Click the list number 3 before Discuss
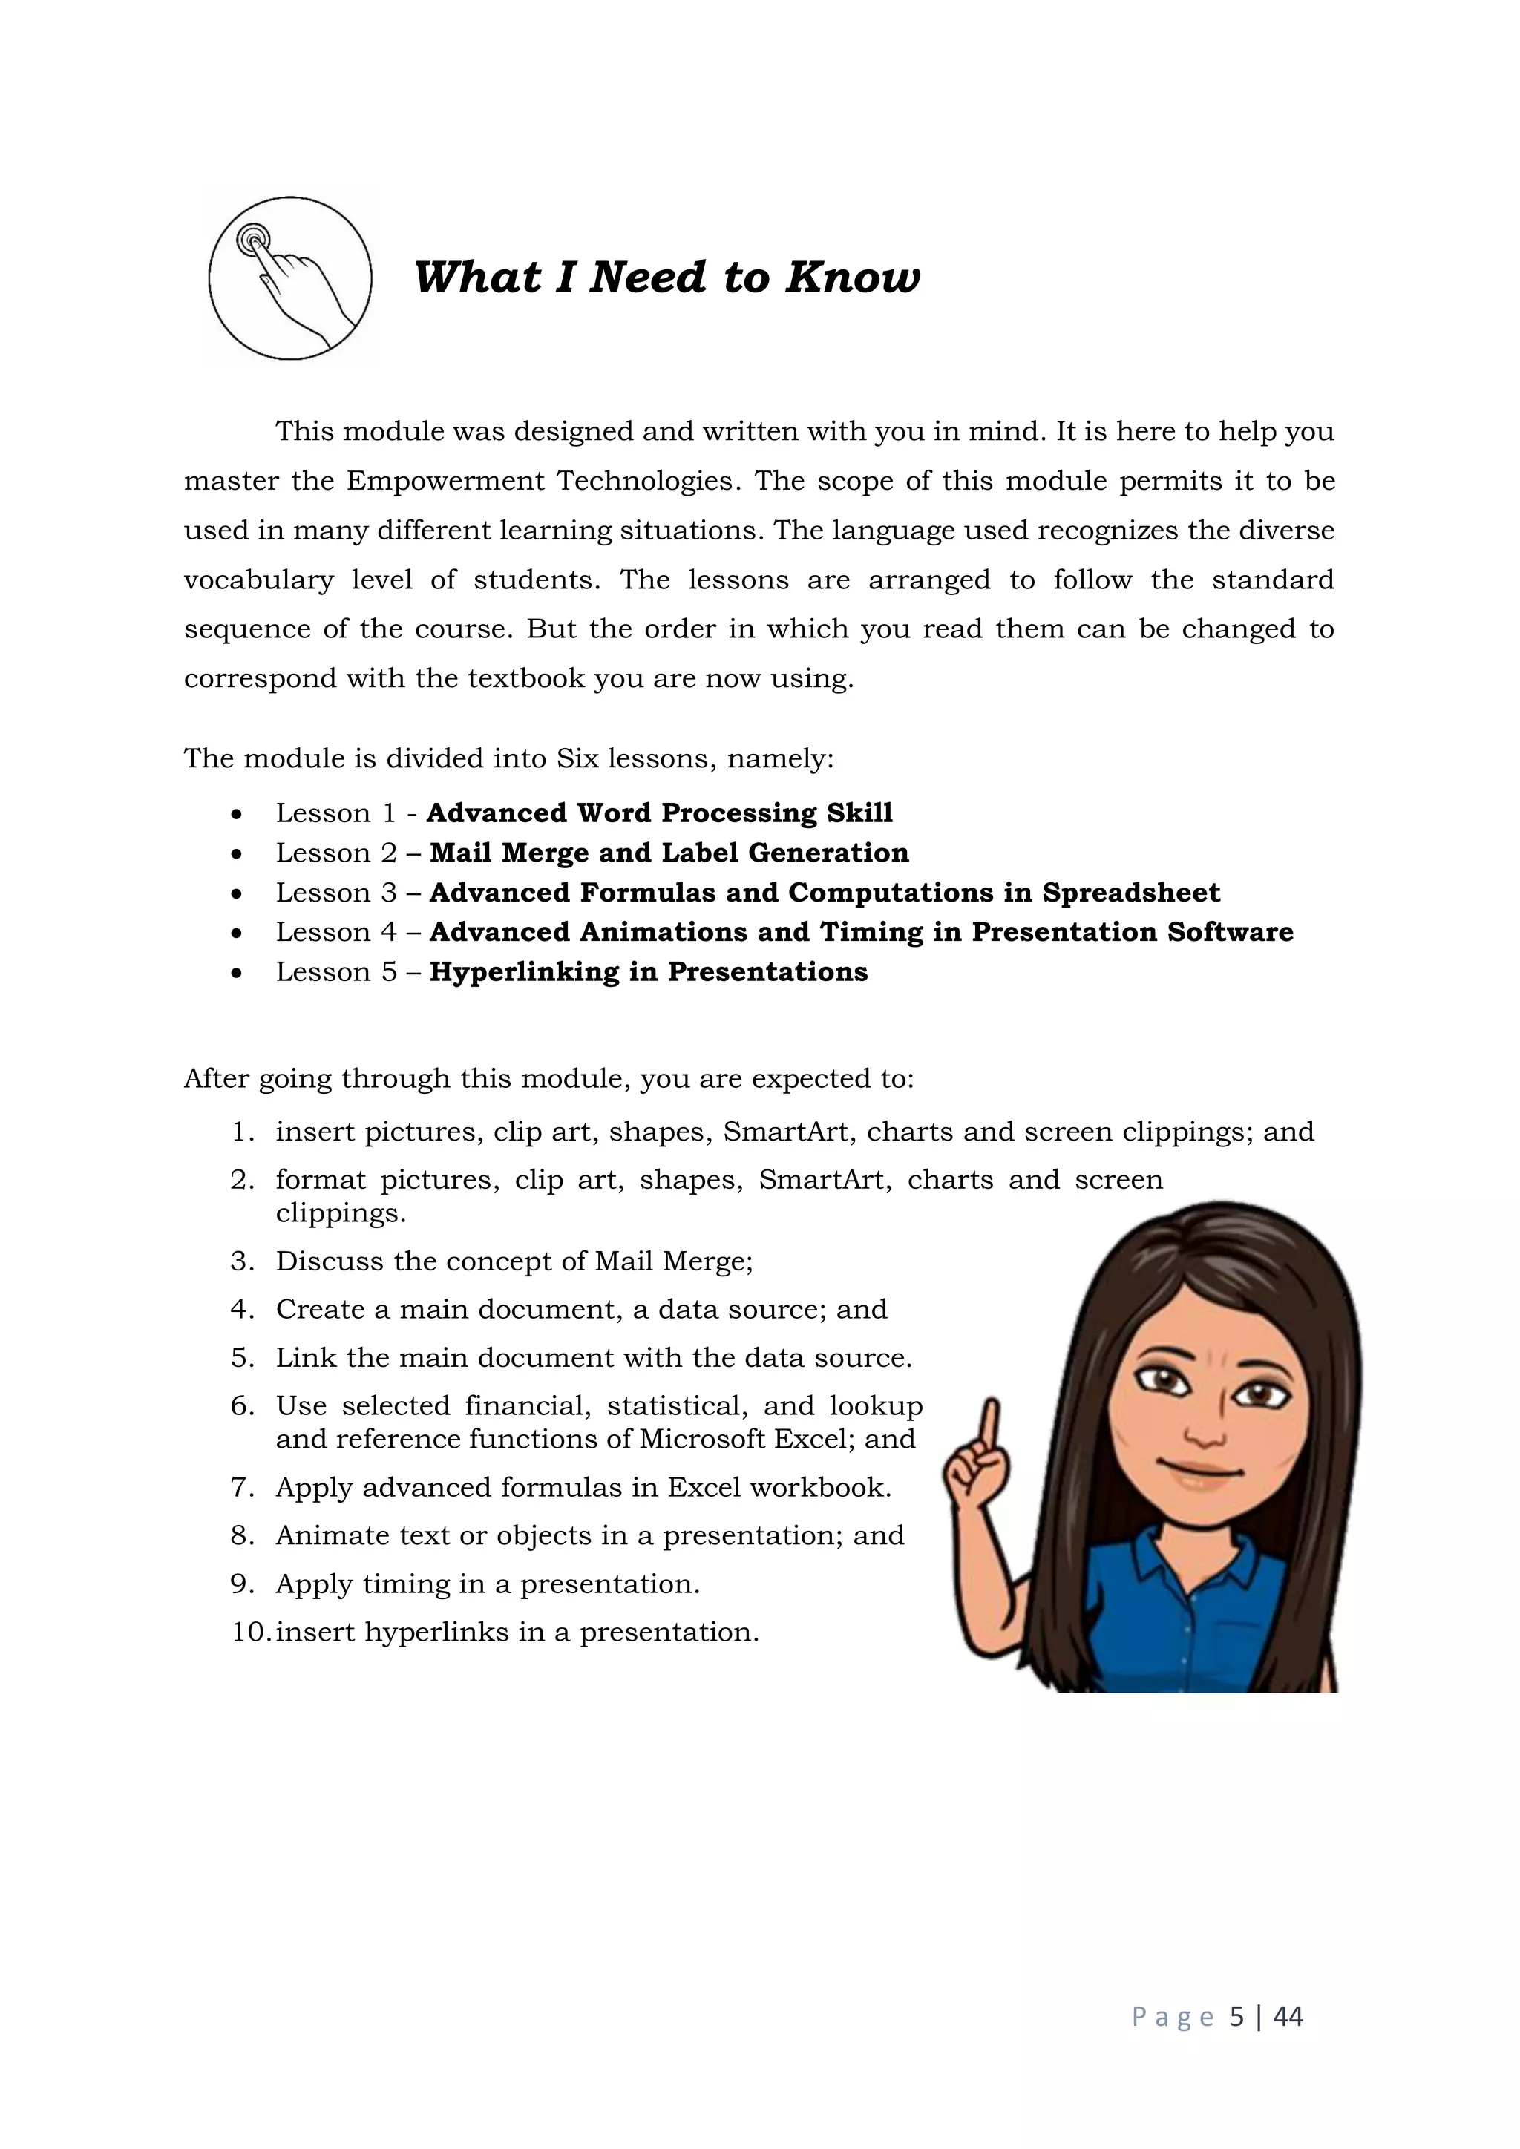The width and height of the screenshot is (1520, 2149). [x=240, y=1261]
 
